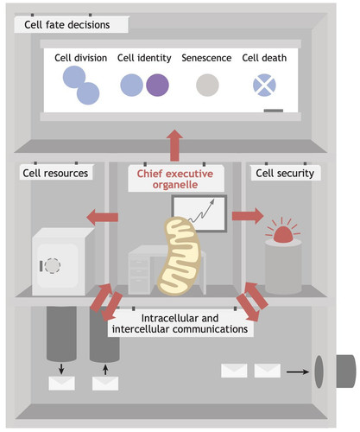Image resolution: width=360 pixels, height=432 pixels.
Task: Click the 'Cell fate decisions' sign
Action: point(71,24)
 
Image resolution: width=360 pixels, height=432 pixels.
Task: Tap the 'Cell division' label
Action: point(81,58)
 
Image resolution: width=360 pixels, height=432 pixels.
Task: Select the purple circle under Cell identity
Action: point(157,85)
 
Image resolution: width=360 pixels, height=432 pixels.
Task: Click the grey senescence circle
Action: point(207,85)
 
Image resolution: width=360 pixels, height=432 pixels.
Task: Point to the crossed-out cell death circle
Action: point(264,85)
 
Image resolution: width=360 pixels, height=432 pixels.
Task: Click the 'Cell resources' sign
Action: point(55,173)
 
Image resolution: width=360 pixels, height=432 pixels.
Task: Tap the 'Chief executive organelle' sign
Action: point(175,179)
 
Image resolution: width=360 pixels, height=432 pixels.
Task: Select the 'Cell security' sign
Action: point(285,173)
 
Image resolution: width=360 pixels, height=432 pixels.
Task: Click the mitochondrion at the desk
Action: point(179,257)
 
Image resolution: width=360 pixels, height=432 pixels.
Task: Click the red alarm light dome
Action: point(283,235)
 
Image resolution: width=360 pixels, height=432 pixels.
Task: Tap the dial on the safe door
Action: point(53,265)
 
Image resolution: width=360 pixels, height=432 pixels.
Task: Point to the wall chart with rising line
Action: point(199,213)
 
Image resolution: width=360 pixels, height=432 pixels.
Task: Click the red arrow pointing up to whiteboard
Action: point(174,145)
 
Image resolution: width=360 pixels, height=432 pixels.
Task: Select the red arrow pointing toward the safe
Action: point(102,217)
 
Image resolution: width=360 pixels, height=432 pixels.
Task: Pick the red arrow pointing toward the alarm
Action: point(248,216)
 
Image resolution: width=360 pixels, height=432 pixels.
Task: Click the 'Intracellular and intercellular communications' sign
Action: point(180,323)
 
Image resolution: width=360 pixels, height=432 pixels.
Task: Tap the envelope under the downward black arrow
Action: point(61,384)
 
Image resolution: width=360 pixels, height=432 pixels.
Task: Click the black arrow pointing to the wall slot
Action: point(298,372)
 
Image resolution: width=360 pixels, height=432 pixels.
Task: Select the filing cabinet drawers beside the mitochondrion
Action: point(139,274)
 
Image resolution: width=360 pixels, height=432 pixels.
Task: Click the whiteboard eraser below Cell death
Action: point(274,111)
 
